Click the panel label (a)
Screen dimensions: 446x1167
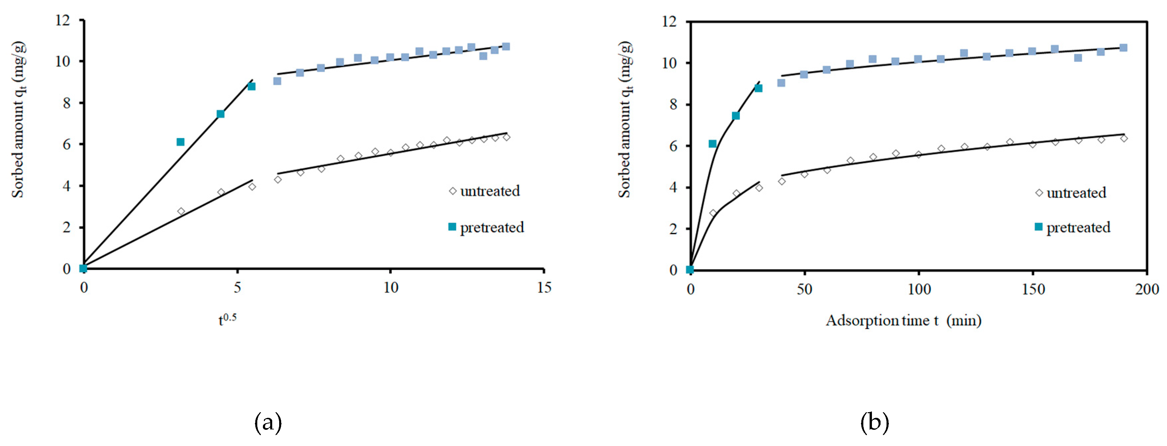(x=268, y=422)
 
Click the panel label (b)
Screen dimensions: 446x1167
(x=874, y=422)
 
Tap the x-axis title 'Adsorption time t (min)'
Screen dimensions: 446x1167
(x=903, y=320)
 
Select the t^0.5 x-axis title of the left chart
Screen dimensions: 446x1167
(x=227, y=319)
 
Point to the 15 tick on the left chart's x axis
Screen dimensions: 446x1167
(x=544, y=288)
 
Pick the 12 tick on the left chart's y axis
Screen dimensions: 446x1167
(x=63, y=20)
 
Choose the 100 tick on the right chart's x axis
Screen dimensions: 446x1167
(x=919, y=289)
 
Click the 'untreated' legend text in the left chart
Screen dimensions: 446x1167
(x=490, y=191)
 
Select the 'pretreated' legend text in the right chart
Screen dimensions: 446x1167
(x=1078, y=227)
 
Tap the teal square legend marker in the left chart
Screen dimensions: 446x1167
(x=452, y=227)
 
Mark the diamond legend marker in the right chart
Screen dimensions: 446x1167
(x=1039, y=193)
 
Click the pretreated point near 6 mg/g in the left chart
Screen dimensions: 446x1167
(x=180, y=142)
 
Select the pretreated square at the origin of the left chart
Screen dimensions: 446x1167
(x=83, y=268)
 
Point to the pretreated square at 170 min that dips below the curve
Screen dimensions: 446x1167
(x=1078, y=58)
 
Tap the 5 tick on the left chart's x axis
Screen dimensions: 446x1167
(x=237, y=288)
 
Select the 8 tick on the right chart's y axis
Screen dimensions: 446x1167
(x=673, y=104)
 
